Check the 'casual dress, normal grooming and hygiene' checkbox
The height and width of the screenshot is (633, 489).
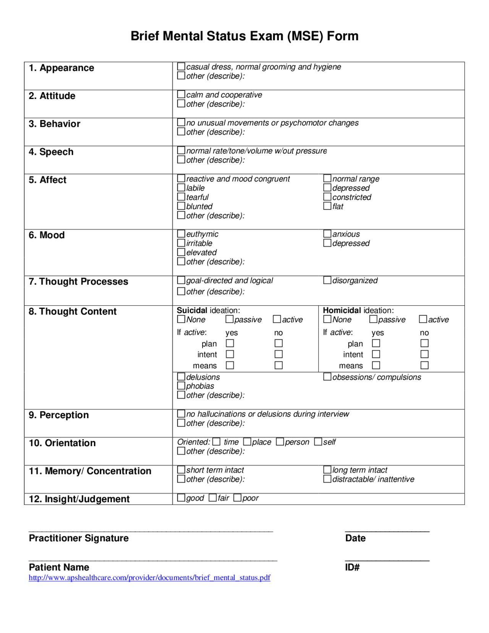181,67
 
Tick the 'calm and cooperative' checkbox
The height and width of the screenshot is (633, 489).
181,94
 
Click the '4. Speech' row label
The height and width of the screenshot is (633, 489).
51,152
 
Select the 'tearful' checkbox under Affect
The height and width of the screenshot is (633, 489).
181,197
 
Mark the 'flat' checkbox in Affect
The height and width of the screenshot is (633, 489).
327,206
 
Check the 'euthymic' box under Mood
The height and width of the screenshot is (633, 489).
181,234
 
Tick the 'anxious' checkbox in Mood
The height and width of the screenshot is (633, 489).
327,234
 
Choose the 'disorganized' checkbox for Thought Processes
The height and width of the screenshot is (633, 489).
327,280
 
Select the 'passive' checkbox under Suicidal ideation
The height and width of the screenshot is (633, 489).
229,319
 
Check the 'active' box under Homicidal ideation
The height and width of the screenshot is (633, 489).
423,319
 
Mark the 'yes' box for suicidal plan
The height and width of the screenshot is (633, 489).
230,343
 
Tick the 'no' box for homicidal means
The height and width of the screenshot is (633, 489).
424,365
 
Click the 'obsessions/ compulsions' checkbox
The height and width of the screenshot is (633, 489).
327,377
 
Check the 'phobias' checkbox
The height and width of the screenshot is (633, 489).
181,386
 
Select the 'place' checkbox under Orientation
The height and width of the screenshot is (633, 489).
247,442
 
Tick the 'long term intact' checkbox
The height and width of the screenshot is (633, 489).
327,469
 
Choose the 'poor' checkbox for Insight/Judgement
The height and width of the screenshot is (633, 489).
237,498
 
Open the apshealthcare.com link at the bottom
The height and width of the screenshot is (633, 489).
149,578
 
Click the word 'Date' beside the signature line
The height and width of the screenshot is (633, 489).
355,538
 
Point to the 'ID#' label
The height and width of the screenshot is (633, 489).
352,567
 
